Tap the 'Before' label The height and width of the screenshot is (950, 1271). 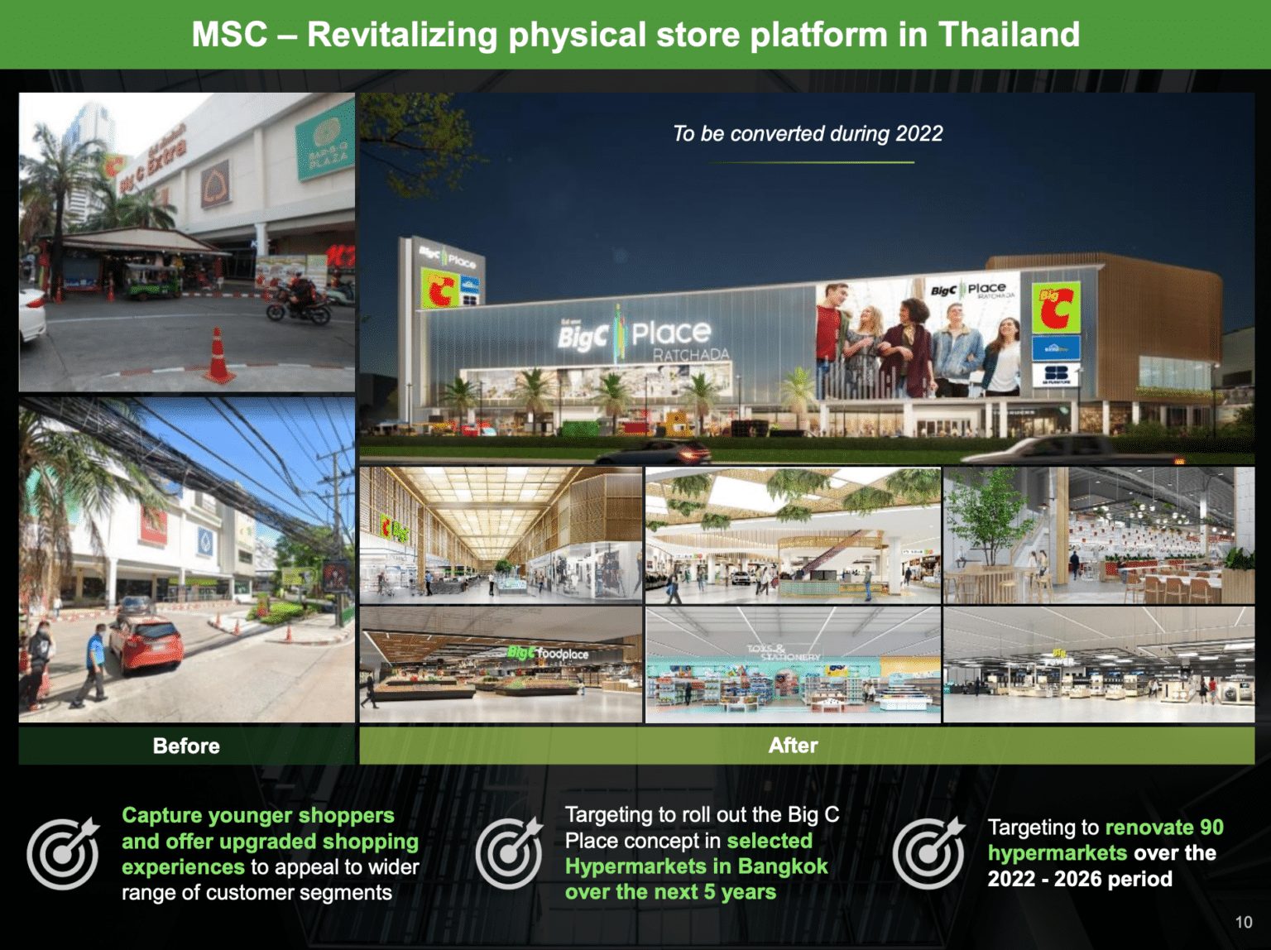click(186, 746)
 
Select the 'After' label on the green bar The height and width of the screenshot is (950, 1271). click(793, 746)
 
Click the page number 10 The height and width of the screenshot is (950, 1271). click(1243, 922)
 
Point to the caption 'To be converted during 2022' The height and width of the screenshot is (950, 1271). click(808, 134)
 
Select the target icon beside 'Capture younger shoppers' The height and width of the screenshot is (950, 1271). click(63, 853)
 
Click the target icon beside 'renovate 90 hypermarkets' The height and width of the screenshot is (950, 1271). click(929, 853)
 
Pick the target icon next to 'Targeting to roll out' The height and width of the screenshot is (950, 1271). click(510, 853)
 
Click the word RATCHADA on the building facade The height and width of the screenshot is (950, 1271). click(691, 355)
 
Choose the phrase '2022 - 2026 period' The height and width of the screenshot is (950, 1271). click(1079, 879)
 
